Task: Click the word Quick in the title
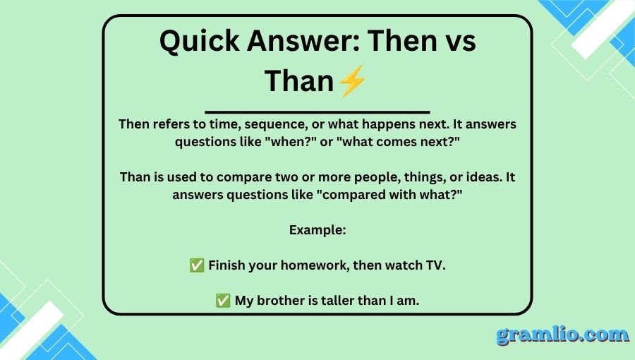(x=199, y=42)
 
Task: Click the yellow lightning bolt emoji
(x=352, y=81)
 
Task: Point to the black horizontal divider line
(x=317, y=112)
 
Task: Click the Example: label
(x=317, y=230)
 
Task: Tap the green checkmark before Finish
(x=197, y=265)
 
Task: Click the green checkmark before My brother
(x=223, y=301)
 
